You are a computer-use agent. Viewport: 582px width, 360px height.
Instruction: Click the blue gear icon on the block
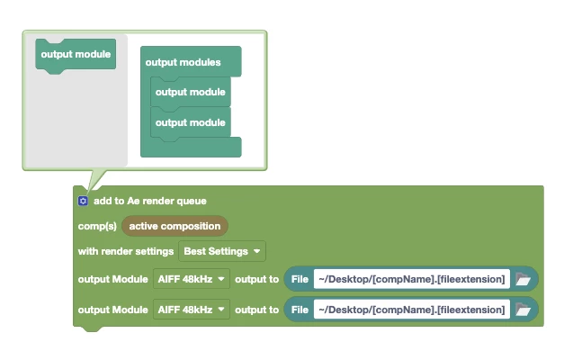(x=83, y=201)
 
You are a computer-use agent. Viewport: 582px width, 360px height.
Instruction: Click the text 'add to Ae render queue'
(x=149, y=201)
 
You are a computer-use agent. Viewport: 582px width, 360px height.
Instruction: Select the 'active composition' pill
(x=175, y=226)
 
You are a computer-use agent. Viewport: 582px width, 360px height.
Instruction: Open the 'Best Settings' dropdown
(x=222, y=251)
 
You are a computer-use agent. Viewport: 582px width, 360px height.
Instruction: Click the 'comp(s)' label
(x=97, y=226)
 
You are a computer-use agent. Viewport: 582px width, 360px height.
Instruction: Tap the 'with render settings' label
(x=126, y=251)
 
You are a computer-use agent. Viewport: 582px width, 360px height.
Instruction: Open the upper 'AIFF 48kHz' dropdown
(x=192, y=280)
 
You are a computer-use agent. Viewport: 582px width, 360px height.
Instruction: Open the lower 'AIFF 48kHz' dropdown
(x=192, y=310)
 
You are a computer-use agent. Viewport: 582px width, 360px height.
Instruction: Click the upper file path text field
(x=411, y=280)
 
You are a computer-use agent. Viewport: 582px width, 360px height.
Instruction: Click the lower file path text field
(x=411, y=310)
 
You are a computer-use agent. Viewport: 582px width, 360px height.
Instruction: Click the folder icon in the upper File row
(x=523, y=280)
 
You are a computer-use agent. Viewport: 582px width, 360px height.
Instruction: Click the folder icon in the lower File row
(x=523, y=310)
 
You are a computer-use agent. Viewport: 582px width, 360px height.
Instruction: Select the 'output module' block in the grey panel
(x=76, y=54)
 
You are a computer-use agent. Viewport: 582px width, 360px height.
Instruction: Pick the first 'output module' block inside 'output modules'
(x=190, y=92)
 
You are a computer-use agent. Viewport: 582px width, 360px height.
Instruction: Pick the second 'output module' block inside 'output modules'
(x=190, y=122)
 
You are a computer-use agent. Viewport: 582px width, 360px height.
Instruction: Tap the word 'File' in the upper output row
(x=300, y=280)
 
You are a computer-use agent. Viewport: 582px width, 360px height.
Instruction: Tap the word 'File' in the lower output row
(x=300, y=310)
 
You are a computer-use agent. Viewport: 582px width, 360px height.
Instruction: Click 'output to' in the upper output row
(x=256, y=280)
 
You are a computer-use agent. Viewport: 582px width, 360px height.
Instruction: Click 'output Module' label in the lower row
(x=112, y=310)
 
